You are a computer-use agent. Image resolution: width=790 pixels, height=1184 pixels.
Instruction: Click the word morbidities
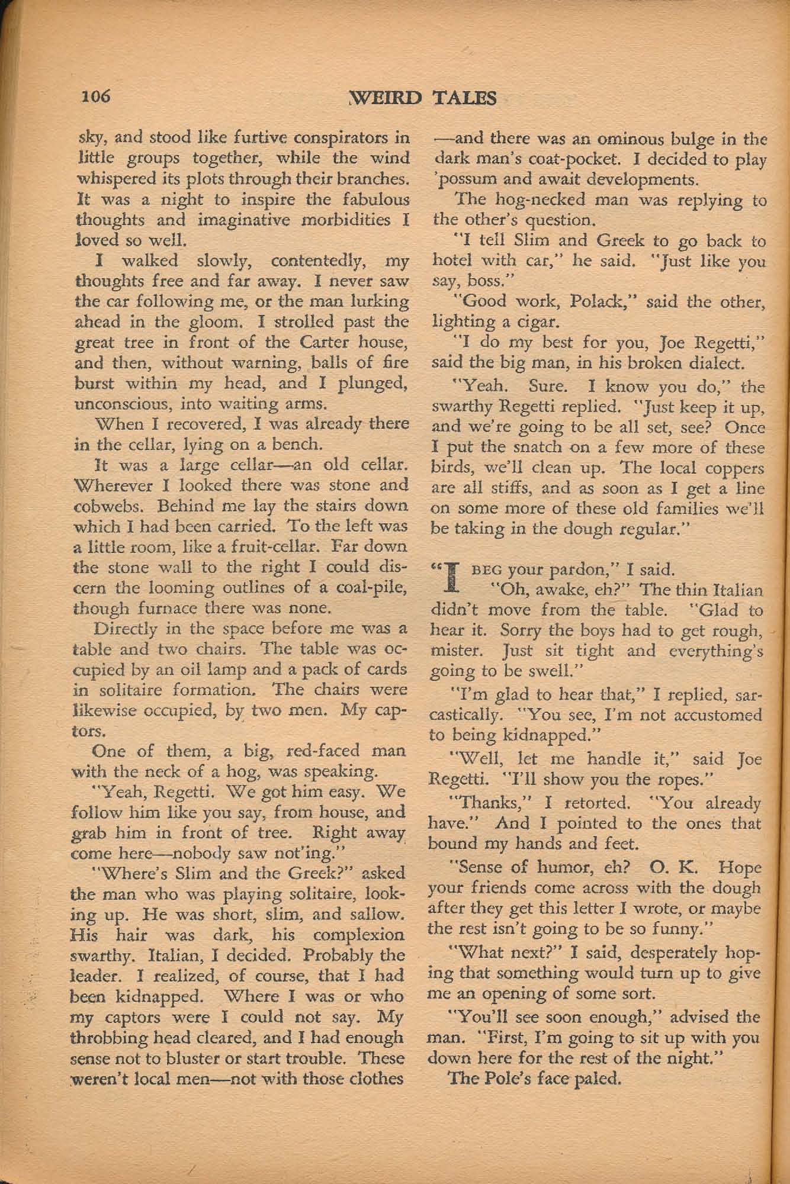(x=342, y=220)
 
